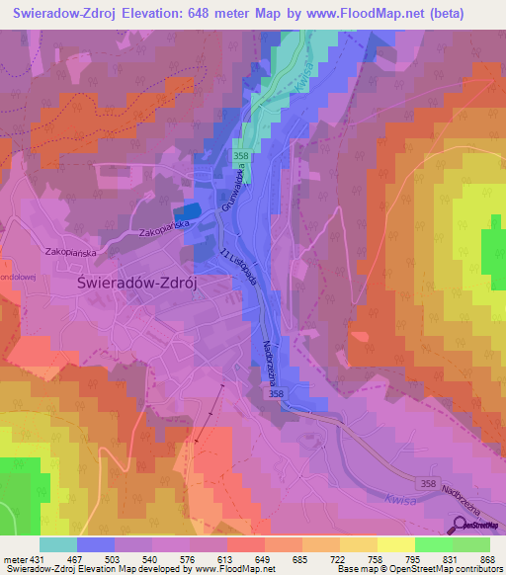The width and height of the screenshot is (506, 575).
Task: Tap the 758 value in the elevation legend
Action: pyautogui.click(x=380, y=558)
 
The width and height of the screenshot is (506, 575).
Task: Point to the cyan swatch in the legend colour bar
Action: pyautogui.click(x=57, y=544)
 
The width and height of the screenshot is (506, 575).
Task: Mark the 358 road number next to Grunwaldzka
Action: pyautogui.click(x=241, y=156)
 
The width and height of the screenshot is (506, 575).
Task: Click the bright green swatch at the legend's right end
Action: pyautogui.click(x=472, y=544)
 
